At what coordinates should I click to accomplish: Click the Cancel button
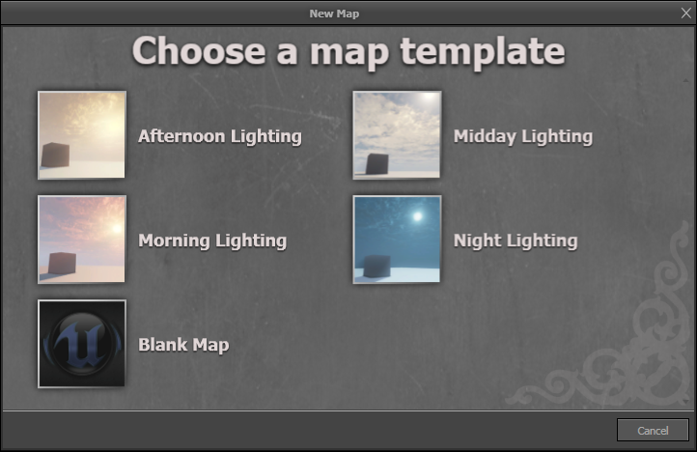pos(653,430)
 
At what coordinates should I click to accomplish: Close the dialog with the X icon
pos(685,12)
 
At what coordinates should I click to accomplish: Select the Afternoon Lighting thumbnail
pos(82,135)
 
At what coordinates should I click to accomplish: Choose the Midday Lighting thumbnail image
pos(397,135)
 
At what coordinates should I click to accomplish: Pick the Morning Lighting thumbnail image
pos(82,240)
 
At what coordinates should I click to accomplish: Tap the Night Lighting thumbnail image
pos(397,240)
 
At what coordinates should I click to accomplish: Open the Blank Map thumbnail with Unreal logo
pos(82,344)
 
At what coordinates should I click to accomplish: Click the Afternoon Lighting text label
pos(220,136)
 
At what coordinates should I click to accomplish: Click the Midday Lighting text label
pos(522,136)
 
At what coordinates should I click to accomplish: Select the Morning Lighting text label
pos(212,240)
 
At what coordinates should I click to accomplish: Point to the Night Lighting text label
pos(516,240)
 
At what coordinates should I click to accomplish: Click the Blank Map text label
pos(183,345)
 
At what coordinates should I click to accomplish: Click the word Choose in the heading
pos(196,50)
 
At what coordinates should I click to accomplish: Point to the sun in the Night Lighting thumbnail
pos(418,215)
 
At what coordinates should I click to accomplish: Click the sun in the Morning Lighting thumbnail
pos(115,228)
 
